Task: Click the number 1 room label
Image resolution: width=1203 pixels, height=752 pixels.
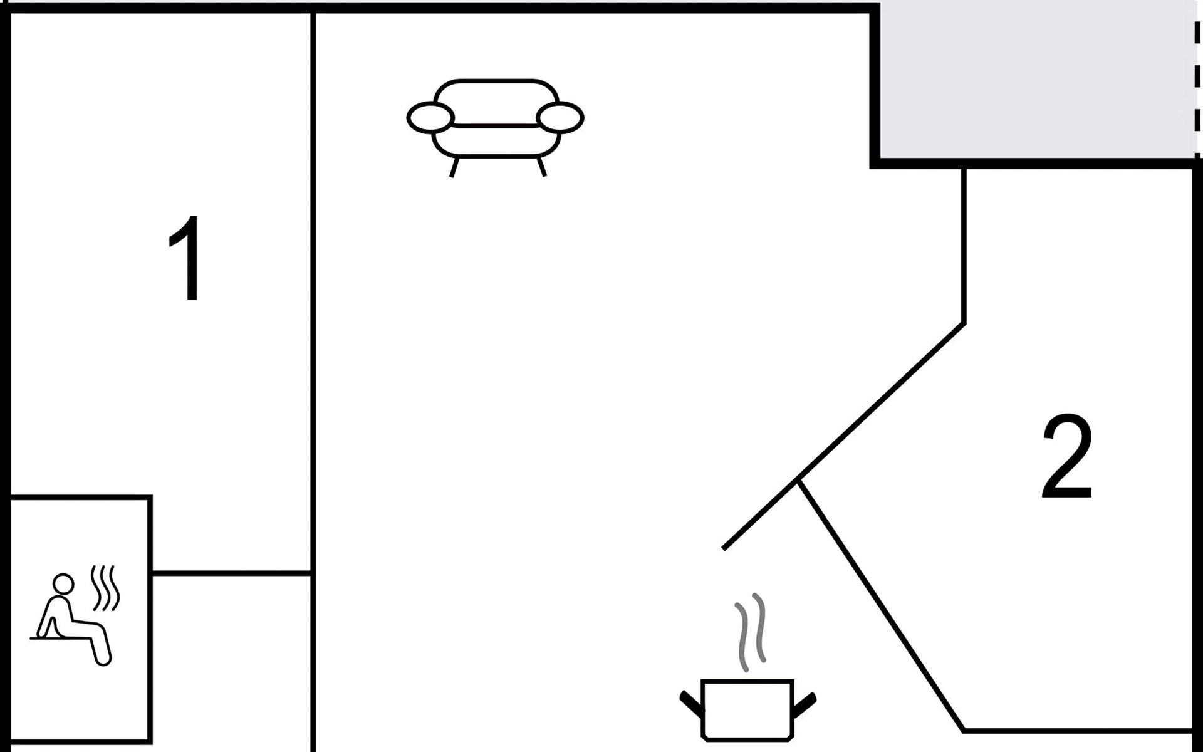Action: (186, 259)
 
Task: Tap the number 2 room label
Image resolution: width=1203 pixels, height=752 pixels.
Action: (1067, 456)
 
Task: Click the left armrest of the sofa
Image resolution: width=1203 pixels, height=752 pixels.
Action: (430, 117)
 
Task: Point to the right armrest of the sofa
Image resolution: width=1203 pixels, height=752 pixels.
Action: (560, 117)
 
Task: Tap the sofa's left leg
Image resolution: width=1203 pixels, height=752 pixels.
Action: (454, 167)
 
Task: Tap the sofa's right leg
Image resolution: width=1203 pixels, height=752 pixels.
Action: (541, 167)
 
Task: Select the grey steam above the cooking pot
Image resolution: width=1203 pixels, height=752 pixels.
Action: (751, 632)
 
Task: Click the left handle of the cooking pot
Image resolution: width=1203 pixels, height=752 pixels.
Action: (691, 704)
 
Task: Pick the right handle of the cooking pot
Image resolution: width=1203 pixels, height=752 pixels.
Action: (805, 704)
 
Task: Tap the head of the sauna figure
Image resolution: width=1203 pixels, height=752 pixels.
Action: (63, 584)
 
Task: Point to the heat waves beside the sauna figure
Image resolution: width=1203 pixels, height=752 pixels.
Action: (105, 588)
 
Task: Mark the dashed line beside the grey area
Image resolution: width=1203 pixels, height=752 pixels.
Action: (1197, 81)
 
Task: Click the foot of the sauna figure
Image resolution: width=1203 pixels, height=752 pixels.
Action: (104, 658)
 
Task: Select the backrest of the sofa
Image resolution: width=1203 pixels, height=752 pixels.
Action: (496, 100)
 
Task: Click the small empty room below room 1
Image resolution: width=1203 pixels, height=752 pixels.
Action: (232, 661)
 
